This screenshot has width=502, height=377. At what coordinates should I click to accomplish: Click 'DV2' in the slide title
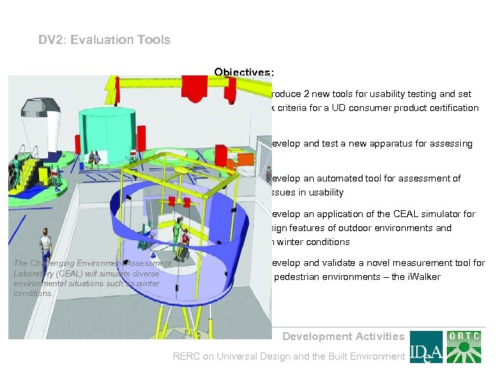coord(51,40)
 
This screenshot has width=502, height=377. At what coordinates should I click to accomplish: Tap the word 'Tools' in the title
coord(155,40)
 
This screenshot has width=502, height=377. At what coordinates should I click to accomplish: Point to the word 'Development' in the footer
coord(314,337)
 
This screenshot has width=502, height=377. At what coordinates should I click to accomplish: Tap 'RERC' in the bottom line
coord(187,357)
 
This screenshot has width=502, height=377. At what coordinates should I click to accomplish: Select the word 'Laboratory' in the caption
coord(31,274)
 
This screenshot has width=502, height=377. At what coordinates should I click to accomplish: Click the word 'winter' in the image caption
coord(149,283)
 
